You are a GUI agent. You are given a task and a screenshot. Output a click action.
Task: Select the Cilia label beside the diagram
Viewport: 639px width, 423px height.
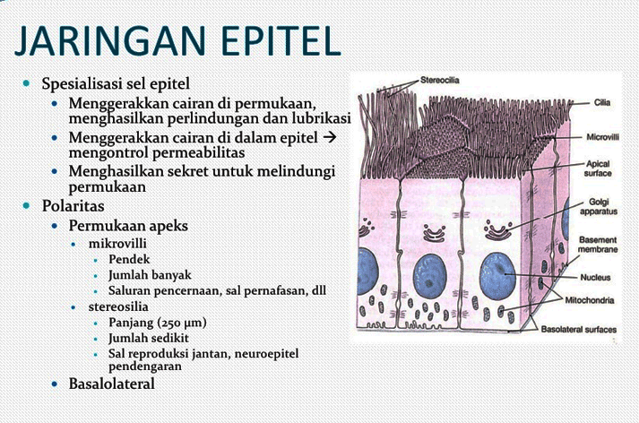(602, 102)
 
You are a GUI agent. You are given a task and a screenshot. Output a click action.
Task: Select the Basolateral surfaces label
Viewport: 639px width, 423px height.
(578, 330)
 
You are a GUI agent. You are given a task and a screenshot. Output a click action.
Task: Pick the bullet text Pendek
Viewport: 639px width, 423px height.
(129, 259)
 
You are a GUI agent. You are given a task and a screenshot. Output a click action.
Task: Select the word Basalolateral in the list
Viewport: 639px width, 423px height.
(112, 384)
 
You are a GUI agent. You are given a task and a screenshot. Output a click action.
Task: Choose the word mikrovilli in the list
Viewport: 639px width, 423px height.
(117, 243)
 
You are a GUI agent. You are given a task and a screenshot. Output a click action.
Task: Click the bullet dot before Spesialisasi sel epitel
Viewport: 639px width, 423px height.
(27, 82)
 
